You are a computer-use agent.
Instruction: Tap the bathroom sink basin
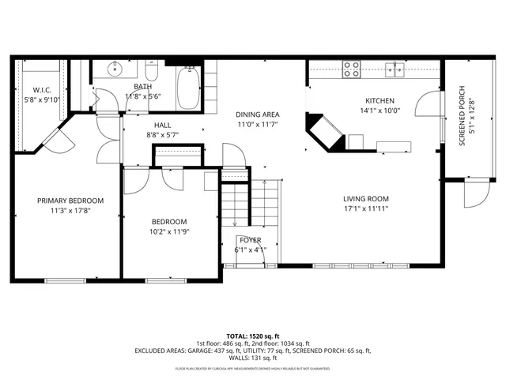pyautogui.click(x=112, y=69)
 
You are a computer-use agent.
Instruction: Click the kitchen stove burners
pyautogui.click(x=352, y=69)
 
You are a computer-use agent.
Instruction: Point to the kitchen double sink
pyautogui.click(x=395, y=69)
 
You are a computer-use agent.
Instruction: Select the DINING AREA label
pyautogui.click(x=257, y=114)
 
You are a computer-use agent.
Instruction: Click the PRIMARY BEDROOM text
pyautogui.click(x=66, y=201)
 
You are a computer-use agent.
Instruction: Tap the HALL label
pyautogui.click(x=162, y=125)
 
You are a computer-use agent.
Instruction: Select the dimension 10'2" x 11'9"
pyautogui.click(x=169, y=231)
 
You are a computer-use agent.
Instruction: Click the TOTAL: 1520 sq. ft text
pyautogui.click(x=252, y=336)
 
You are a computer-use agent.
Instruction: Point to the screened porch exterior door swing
pyautogui.click(x=476, y=194)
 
